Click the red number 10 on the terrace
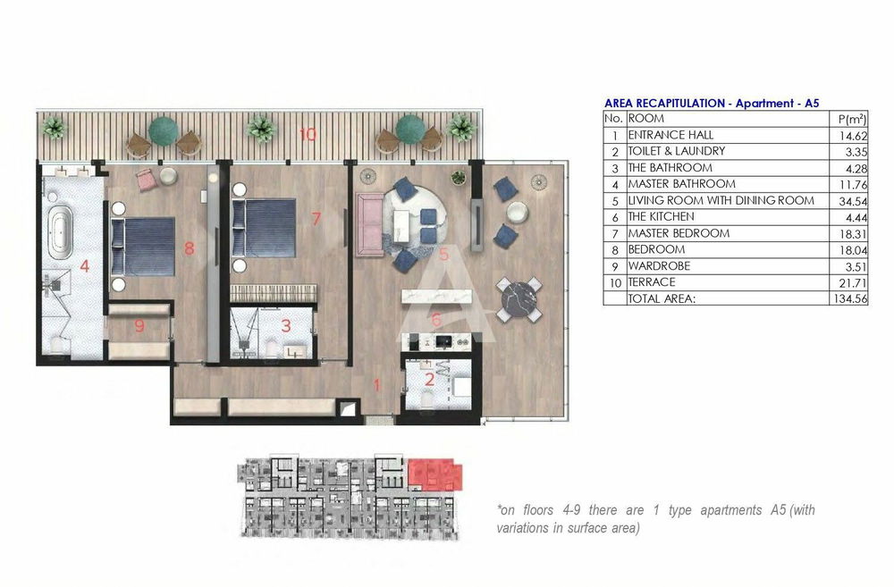pyautogui.click(x=308, y=135)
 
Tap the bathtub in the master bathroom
pyautogui.click(x=60, y=232)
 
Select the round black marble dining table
pyautogui.click(x=519, y=298)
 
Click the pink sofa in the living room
pyautogui.click(x=369, y=224)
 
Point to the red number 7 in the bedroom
pyautogui.click(x=316, y=218)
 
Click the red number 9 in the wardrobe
pyautogui.click(x=139, y=326)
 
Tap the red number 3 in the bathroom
pyautogui.click(x=286, y=325)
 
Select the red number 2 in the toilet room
pyautogui.click(x=429, y=380)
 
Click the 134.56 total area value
pyautogui.click(x=850, y=298)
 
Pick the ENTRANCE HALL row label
pyautogui.click(x=670, y=135)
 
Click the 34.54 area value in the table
pyautogui.click(x=853, y=201)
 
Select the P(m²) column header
pyautogui.click(x=852, y=119)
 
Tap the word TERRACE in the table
pyautogui.click(x=652, y=282)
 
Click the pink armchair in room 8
pyautogui.click(x=146, y=180)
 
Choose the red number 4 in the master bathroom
pyautogui.click(x=84, y=265)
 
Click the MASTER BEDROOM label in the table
pyautogui.click(x=679, y=233)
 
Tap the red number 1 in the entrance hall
pyautogui.click(x=376, y=385)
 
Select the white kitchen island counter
pyautogui.click(x=437, y=297)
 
